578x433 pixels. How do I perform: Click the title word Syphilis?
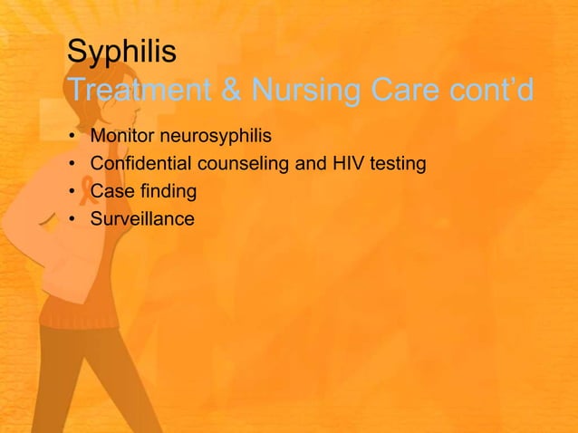[x=121, y=52]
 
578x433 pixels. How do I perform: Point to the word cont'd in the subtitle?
[x=493, y=91]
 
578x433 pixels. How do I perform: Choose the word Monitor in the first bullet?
[x=122, y=138]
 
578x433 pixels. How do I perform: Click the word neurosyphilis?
[x=216, y=138]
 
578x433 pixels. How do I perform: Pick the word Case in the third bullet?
[x=109, y=192]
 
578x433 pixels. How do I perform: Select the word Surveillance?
[x=142, y=218]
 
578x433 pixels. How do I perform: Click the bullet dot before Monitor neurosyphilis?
[x=72, y=139]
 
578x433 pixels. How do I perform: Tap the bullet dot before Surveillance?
[x=72, y=219]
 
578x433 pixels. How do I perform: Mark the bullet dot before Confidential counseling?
[x=72, y=166]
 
